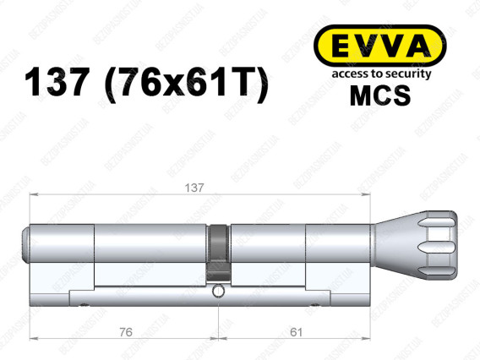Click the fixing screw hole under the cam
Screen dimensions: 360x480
tap(219, 292)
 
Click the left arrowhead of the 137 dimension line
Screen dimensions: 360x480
tap(34, 196)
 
